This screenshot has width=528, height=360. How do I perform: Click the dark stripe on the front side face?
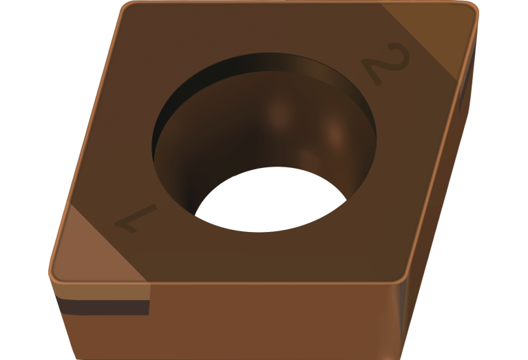click(x=103, y=306)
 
